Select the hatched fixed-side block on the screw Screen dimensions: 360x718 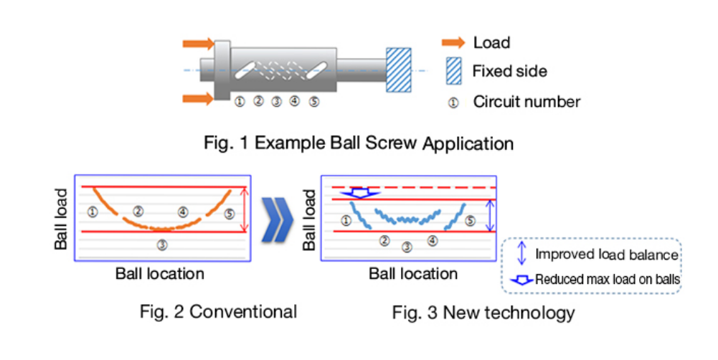pyautogui.click(x=399, y=70)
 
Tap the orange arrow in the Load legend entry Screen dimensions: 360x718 pyautogui.click(x=453, y=42)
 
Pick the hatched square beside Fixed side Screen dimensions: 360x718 pyautogui.click(x=453, y=70)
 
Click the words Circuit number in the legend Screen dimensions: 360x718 pyautogui.click(x=526, y=102)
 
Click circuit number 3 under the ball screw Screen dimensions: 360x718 pyautogui.click(x=277, y=102)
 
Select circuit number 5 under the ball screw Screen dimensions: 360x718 pyautogui.click(x=314, y=102)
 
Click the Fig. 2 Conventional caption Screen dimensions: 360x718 pyautogui.click(x=218, y=311)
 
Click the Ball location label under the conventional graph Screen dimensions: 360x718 pyautogui.click(x=159, y=273)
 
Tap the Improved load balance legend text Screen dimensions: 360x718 pyautogui.click(x=607, y=255)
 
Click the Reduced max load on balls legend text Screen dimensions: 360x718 pyautogui.click(x=608, y=280)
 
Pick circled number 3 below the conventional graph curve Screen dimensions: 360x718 pyautogui.click(x=162, y=245)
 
